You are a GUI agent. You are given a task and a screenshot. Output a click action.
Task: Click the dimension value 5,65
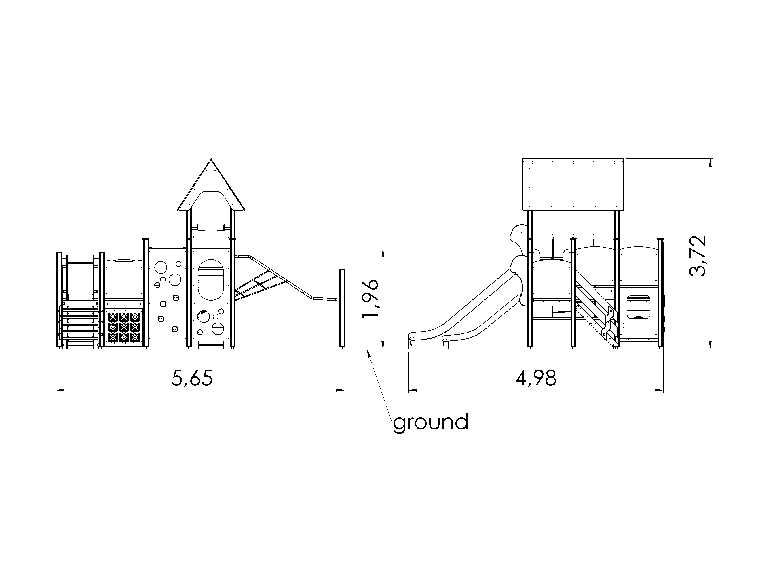(192, 378)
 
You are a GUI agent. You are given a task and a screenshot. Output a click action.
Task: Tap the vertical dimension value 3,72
(698, 256)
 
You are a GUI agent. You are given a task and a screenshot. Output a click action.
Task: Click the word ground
(430, 423)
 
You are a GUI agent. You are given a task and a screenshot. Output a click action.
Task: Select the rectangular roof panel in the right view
(573, 184)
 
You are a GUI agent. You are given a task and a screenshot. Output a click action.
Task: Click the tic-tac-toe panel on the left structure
(124, 327)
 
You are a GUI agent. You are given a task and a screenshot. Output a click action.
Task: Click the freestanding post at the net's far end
(342, 309)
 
